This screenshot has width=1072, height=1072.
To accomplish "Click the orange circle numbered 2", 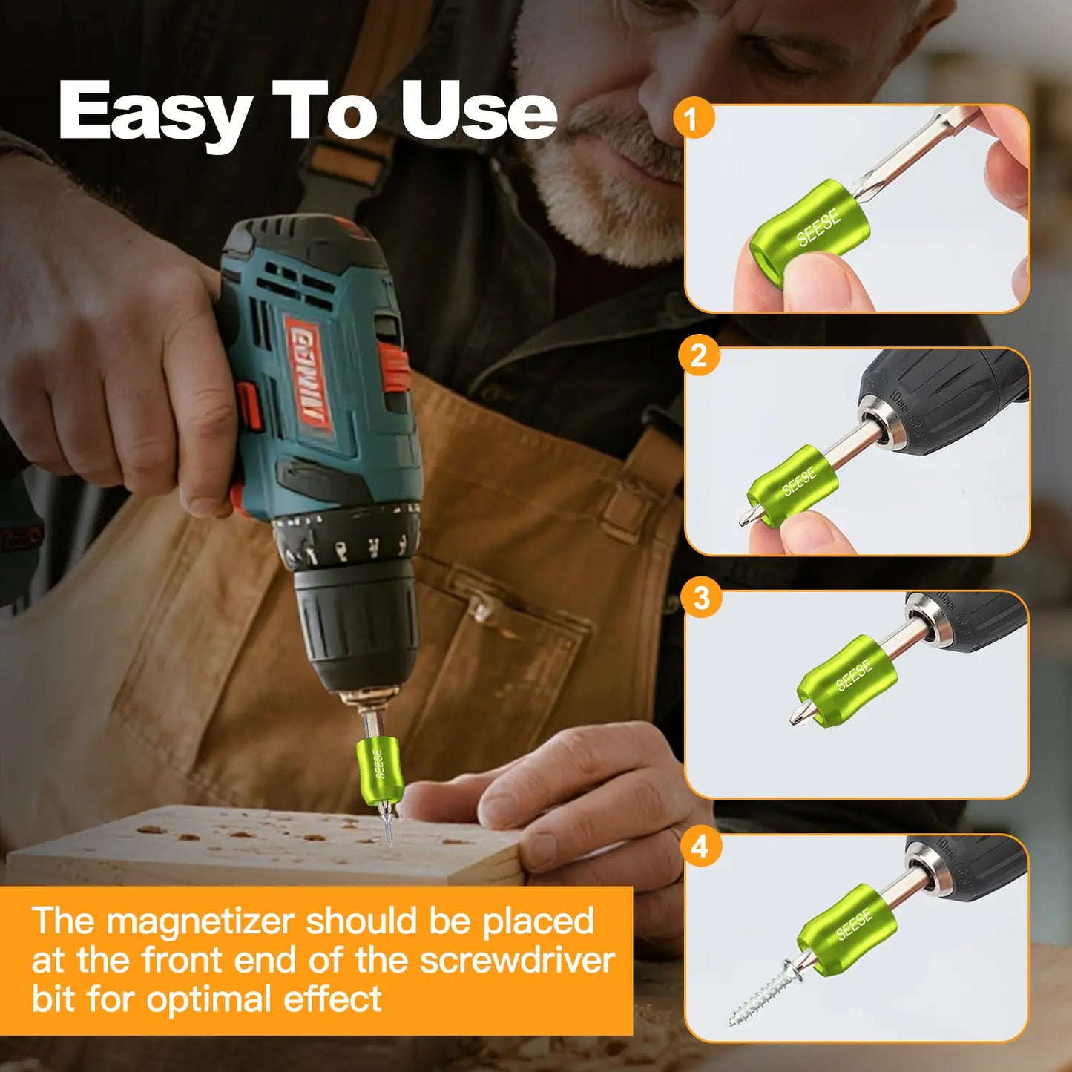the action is [x=698, y=356].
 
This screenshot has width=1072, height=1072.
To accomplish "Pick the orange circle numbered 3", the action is [x=701, y=598].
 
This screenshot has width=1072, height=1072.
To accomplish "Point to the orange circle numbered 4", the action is [x=700, y=846].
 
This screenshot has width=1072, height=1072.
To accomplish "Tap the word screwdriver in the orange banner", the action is [x=517, y=960].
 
